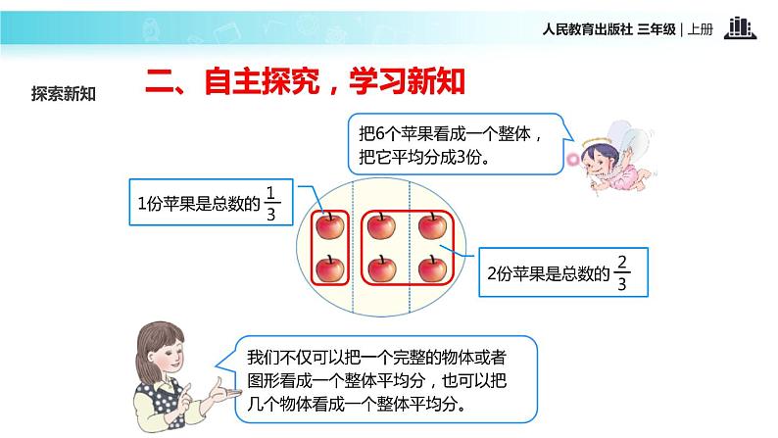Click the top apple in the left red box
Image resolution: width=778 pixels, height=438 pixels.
330,227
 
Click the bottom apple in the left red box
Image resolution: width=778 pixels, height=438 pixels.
330,267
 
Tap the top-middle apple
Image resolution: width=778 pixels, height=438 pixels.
380,227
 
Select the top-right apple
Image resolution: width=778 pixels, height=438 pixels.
431,227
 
